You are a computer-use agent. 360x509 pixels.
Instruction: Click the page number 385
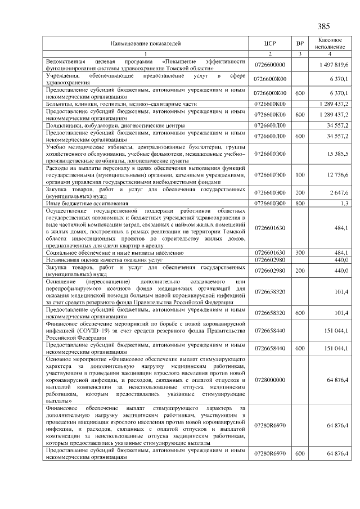click(x=323, y=26)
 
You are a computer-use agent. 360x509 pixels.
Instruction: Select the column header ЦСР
click(x=270, y=43)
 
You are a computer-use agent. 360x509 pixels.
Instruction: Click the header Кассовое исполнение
click(x=330, y=43)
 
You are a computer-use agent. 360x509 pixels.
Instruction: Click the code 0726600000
click(x=270, y=65)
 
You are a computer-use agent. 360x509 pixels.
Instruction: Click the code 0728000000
click(x=270, y=380)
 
